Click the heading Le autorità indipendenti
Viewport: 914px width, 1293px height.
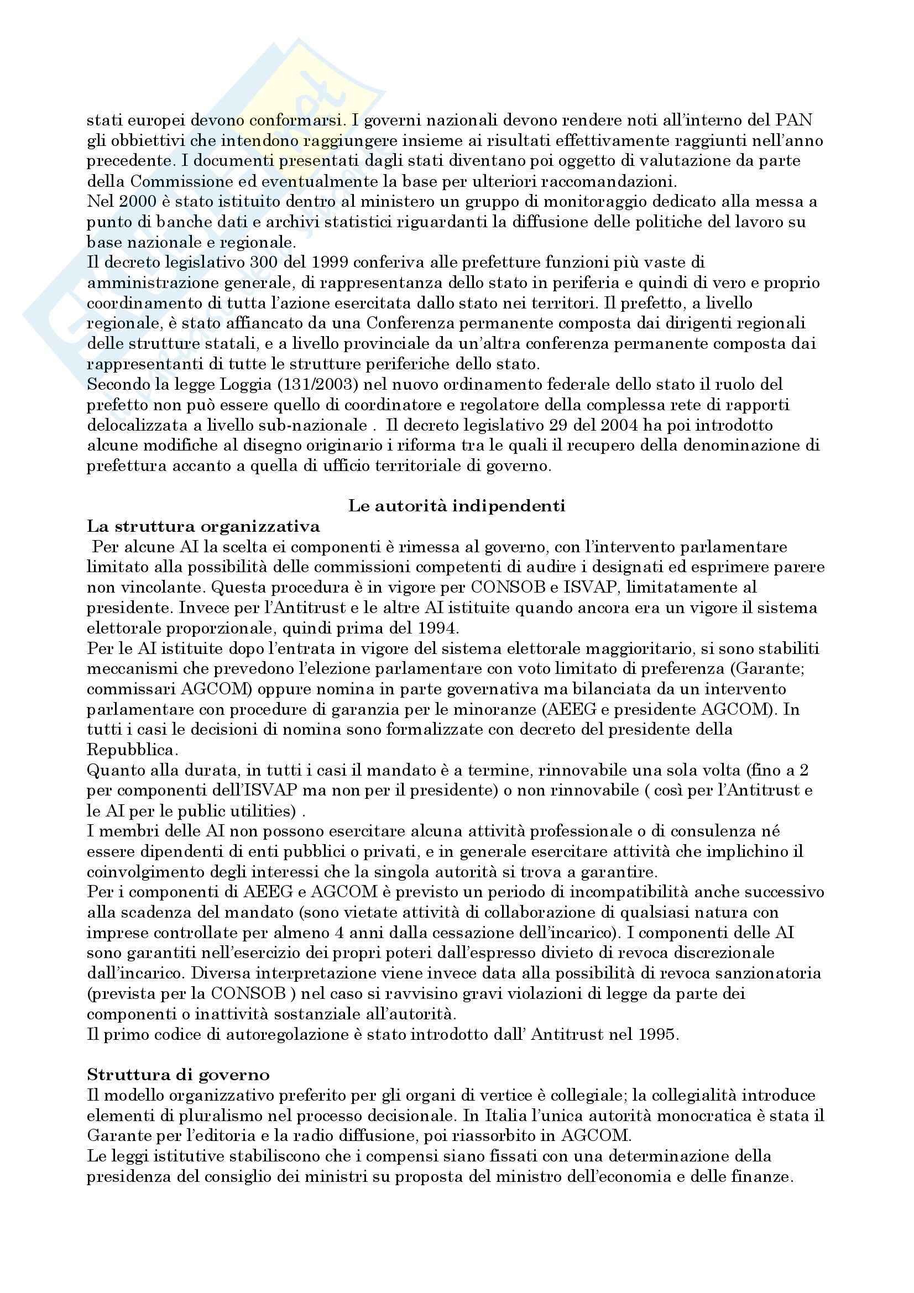[457, 506]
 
